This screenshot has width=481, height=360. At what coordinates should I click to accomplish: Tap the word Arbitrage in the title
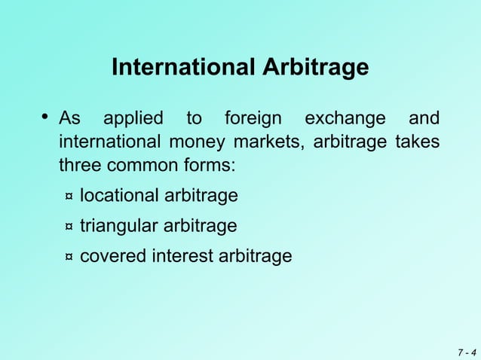click(x=317, y=69)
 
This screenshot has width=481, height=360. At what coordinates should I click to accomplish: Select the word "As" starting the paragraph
click(x=70, y=119)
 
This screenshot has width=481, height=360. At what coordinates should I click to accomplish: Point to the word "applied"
click(x=133, y=119)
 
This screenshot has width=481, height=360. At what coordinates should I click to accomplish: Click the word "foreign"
click(x=253, y=120)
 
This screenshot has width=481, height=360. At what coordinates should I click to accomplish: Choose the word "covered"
click(x=113, y=257)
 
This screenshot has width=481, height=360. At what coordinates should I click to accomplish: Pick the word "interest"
click(x=182, y=257)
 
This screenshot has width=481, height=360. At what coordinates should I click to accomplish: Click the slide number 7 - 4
click(x=466, y=352)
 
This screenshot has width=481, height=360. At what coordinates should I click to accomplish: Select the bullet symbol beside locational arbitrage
click(x=69, y=197)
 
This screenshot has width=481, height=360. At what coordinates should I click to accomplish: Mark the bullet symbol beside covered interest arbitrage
click(x=69, y=258)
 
